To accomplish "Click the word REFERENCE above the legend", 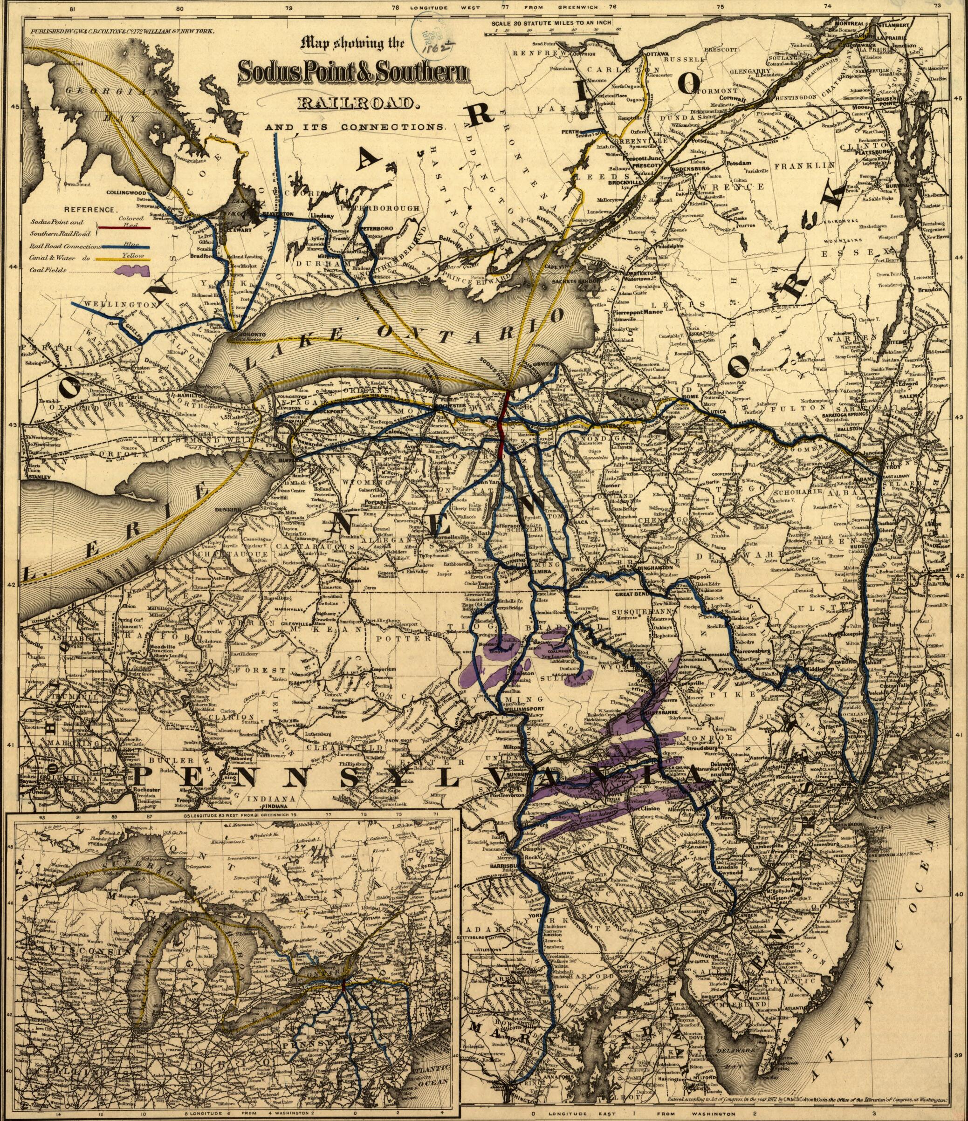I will tap(90, 209).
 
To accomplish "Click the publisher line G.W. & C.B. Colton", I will tap(122, 31).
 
